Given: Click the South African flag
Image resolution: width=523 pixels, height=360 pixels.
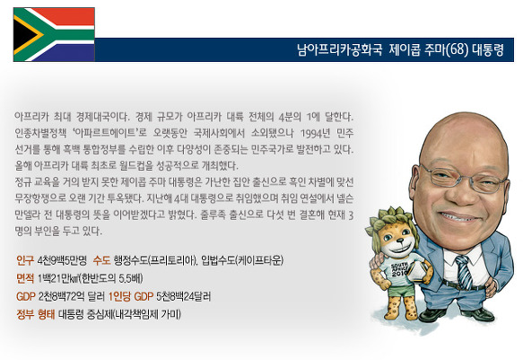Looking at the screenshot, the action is pos(54,34).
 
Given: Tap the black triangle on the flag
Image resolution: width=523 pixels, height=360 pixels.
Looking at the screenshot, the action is pos(24,35).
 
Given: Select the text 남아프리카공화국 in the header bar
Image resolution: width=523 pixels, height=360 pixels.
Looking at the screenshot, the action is pos(339,50).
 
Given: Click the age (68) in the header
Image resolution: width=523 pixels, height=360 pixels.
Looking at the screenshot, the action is pos(457,50).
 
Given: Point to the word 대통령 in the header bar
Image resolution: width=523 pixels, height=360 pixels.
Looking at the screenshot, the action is pos(487,50).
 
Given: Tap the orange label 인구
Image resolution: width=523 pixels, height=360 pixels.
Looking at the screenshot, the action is pos(25,260).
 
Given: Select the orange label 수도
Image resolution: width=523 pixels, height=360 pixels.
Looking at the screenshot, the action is pos(101,260).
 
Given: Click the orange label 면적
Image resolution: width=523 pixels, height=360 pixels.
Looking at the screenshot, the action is pos(25,278).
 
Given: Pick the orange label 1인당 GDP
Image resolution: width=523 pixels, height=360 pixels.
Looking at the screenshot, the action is pos(131,296).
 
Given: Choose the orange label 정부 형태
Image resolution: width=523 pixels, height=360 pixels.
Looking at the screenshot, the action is pos(35,314).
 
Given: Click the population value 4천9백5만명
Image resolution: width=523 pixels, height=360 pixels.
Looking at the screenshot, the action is pos(62,260).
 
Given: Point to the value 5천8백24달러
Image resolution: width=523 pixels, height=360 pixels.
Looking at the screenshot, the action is pos(183,296).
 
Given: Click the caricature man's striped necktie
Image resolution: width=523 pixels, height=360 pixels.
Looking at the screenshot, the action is pos(466,271).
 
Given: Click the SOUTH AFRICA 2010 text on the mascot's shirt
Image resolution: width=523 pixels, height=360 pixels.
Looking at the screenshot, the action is pos(397,268).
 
